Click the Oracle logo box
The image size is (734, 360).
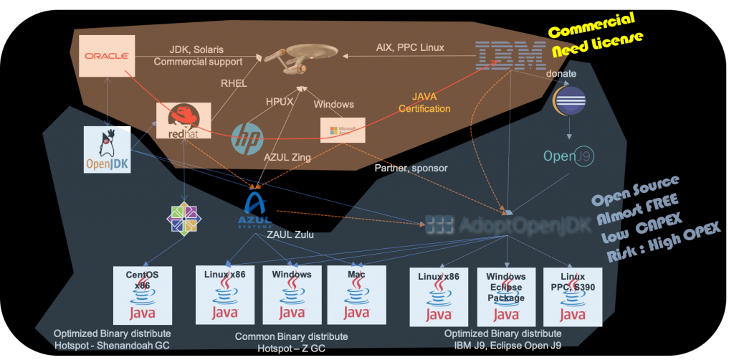107,55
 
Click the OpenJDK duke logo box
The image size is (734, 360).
107,150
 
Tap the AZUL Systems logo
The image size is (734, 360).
256,209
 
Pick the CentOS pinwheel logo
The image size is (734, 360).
183,217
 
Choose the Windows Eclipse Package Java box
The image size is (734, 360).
505,295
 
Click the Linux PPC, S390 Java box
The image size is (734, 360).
571,295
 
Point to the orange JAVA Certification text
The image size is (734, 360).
431,103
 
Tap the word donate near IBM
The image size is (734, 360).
561,74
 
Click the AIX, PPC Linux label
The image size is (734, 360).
410,47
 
